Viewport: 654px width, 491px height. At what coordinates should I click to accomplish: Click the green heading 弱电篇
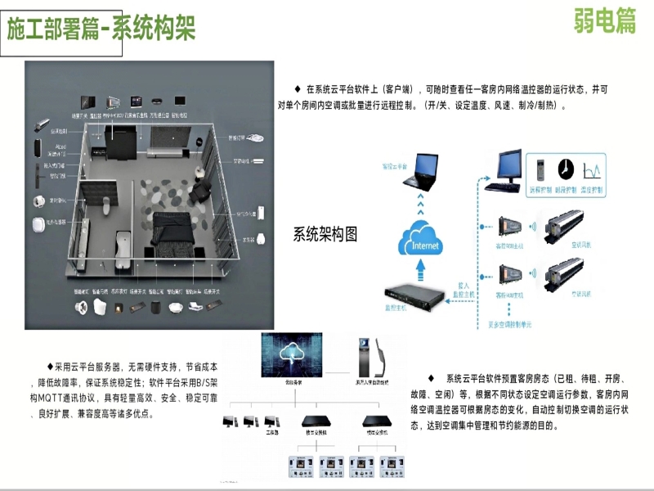(x=604, y=22)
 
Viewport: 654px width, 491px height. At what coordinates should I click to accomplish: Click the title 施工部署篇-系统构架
(x=101, y=30)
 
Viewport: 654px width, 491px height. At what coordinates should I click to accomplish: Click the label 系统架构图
(x=325, y=234)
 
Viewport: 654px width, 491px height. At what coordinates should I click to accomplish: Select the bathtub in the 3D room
(x=123, y=243)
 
